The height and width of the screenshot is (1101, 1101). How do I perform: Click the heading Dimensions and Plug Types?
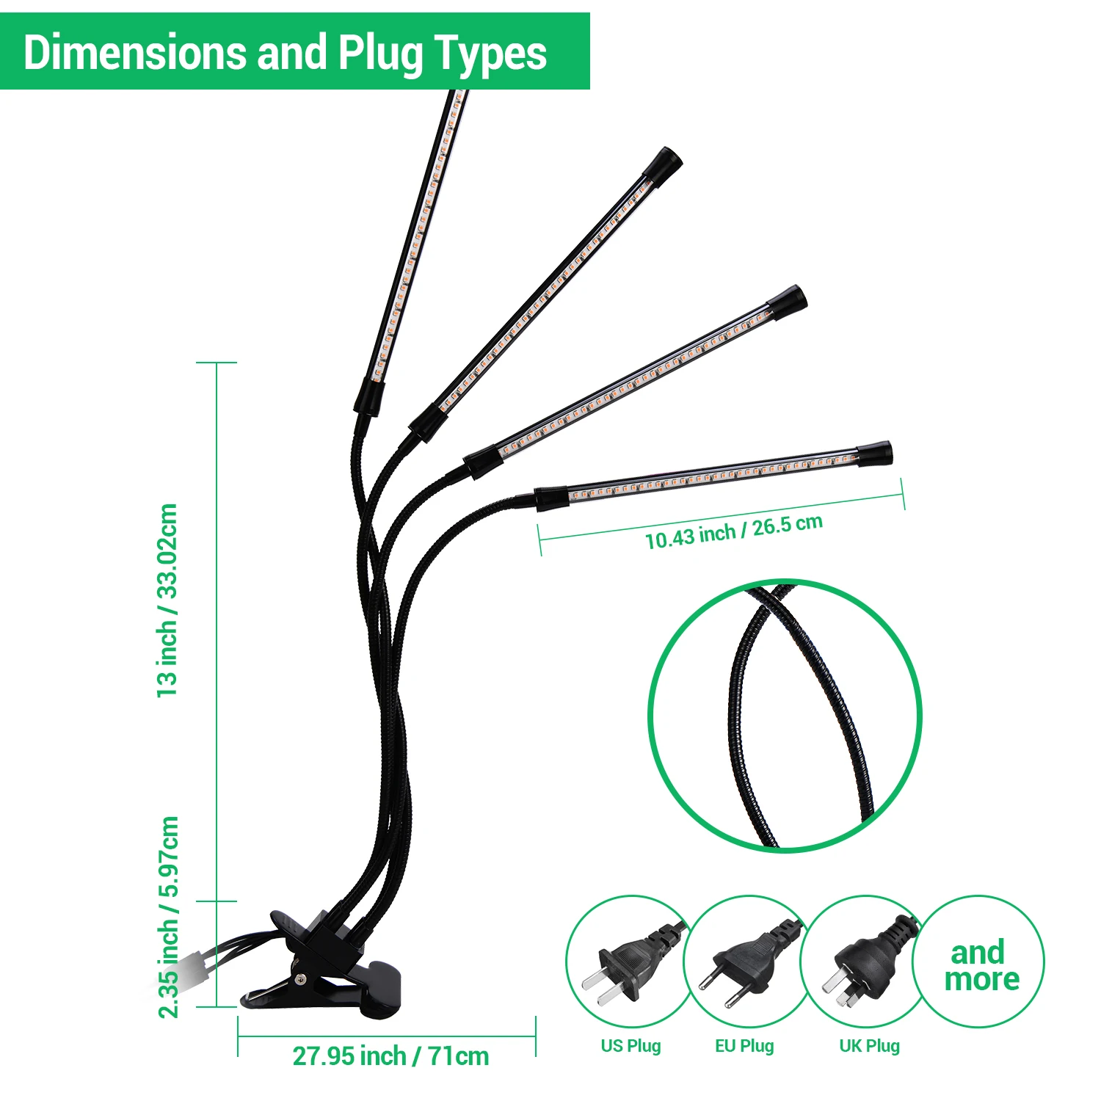click(x=285, y=53)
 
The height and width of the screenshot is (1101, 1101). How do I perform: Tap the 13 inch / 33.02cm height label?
click(x=168, y=600)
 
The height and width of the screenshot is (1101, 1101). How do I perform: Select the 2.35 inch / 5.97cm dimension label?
click(x=170, y=917)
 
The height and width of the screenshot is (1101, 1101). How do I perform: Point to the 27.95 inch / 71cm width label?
click(x=390, y=1056)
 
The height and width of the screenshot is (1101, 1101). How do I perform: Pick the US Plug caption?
click(x=631, y=1046)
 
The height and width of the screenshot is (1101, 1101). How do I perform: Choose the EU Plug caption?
click(x=744, y=1046)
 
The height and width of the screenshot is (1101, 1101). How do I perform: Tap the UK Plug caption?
click(x=869, y=1046)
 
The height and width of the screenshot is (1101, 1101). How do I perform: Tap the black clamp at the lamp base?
click(x=323, y=969)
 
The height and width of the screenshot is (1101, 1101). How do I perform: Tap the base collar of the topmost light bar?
click(x=367, y=398)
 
